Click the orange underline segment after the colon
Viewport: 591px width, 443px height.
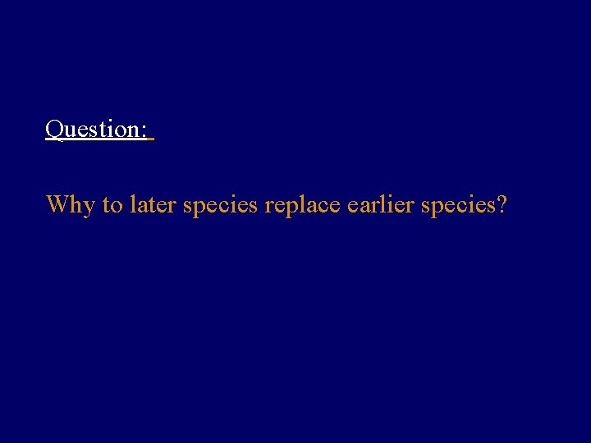pos(152,140)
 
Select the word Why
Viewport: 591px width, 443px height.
pos(71,204)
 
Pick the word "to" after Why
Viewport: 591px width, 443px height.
pos(112,204)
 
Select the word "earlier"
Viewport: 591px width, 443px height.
pos(381,204)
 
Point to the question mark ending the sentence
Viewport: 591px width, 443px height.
pos(501,204)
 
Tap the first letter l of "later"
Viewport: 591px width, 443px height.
pos(131,203)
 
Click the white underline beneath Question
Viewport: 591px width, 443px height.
pos(95,140)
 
